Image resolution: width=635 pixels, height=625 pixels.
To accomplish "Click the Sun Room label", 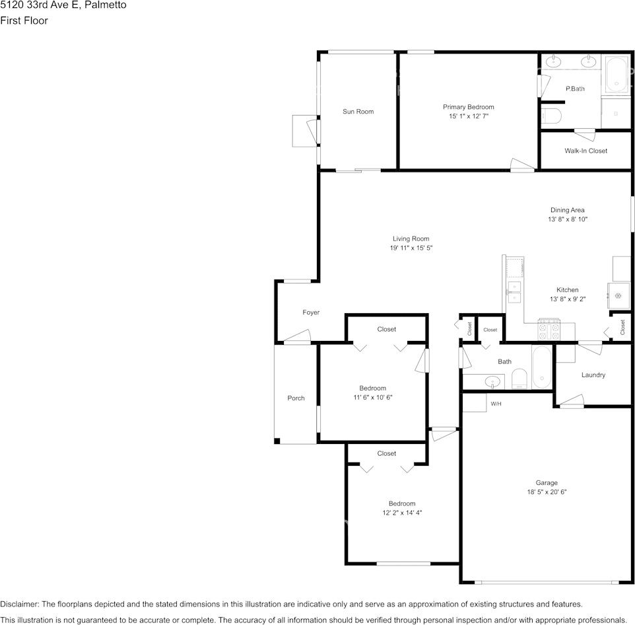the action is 358,112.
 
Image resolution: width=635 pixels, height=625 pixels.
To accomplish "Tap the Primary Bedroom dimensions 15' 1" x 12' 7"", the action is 469,116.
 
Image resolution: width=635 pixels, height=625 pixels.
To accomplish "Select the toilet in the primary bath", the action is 551,116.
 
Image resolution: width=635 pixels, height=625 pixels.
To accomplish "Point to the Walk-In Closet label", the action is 586,151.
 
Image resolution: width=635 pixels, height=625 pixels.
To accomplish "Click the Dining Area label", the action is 568,210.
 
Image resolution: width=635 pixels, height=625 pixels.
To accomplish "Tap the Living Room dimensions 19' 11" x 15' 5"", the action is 411,248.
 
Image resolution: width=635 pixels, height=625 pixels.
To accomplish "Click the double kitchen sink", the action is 514,292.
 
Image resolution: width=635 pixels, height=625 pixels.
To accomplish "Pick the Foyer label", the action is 311,312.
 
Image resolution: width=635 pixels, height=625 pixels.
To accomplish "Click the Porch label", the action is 296,398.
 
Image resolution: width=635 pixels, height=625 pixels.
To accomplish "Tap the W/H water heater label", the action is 496,404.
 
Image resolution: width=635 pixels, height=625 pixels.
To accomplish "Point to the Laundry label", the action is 593,375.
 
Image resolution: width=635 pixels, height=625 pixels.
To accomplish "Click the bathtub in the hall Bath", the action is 541,367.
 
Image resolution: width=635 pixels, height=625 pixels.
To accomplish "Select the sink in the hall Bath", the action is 492,381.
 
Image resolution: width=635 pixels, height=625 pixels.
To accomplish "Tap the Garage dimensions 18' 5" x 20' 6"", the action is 547,492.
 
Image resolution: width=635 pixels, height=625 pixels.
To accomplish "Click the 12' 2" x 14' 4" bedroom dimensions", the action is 402,513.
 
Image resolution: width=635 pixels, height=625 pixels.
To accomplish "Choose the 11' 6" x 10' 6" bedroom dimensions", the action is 373,398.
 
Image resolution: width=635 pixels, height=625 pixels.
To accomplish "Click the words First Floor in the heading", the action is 24,20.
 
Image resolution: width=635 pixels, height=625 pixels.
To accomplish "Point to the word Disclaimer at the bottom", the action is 19,605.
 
